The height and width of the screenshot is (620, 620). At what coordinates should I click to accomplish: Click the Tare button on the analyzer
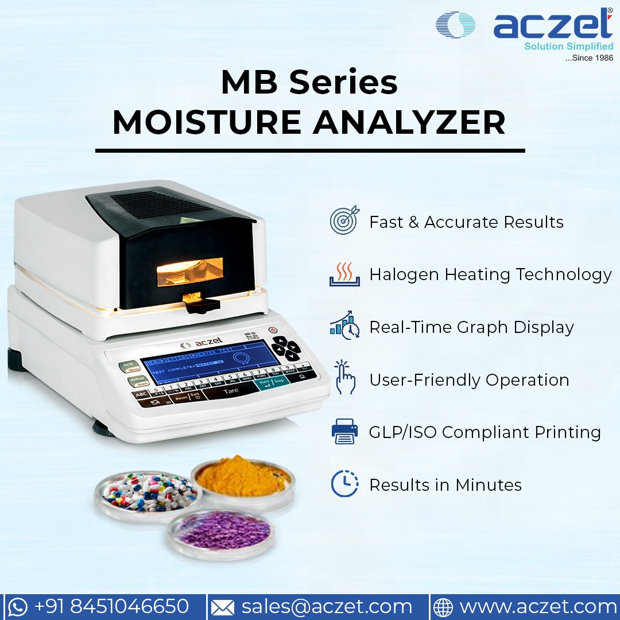231,390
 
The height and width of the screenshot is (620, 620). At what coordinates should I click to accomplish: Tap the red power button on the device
273,331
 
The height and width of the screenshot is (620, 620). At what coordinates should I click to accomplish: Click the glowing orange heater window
190,271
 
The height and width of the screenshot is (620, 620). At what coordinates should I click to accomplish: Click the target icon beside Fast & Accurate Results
344,220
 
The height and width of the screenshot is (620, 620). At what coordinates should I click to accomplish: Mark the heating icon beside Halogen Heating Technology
344,273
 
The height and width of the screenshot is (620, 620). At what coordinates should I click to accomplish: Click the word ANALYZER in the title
409,122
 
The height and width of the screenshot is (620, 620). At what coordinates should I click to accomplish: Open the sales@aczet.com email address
327,607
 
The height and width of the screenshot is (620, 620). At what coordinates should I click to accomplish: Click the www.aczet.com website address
538,607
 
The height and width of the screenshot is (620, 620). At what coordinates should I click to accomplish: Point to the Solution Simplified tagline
568,46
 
